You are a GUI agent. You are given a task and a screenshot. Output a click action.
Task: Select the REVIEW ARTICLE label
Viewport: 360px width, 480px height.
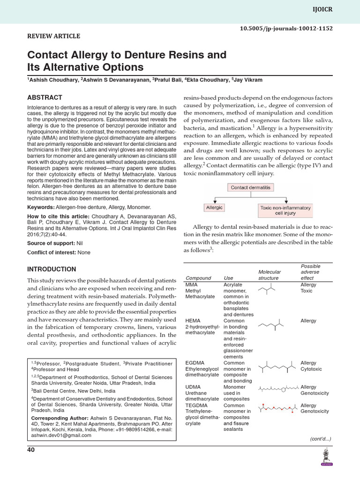(x=53, y=36)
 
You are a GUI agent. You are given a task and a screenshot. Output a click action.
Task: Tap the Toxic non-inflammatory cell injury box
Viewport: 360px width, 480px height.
(x=285, y=210)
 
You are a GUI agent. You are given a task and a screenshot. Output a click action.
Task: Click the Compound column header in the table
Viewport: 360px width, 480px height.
(x=198, y=278)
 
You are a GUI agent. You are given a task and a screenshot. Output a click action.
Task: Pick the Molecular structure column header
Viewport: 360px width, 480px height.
(x=270, y=275)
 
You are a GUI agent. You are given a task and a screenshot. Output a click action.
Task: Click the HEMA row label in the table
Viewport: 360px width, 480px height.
(x=192, y=321)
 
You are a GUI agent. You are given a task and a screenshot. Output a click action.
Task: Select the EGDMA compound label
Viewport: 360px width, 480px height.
(x=195, y=363)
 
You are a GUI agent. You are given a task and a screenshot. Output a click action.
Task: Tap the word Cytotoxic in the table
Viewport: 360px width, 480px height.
(x=311, y=369)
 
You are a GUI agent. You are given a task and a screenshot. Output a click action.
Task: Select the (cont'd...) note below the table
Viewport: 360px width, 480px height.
(x=321, y=439)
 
